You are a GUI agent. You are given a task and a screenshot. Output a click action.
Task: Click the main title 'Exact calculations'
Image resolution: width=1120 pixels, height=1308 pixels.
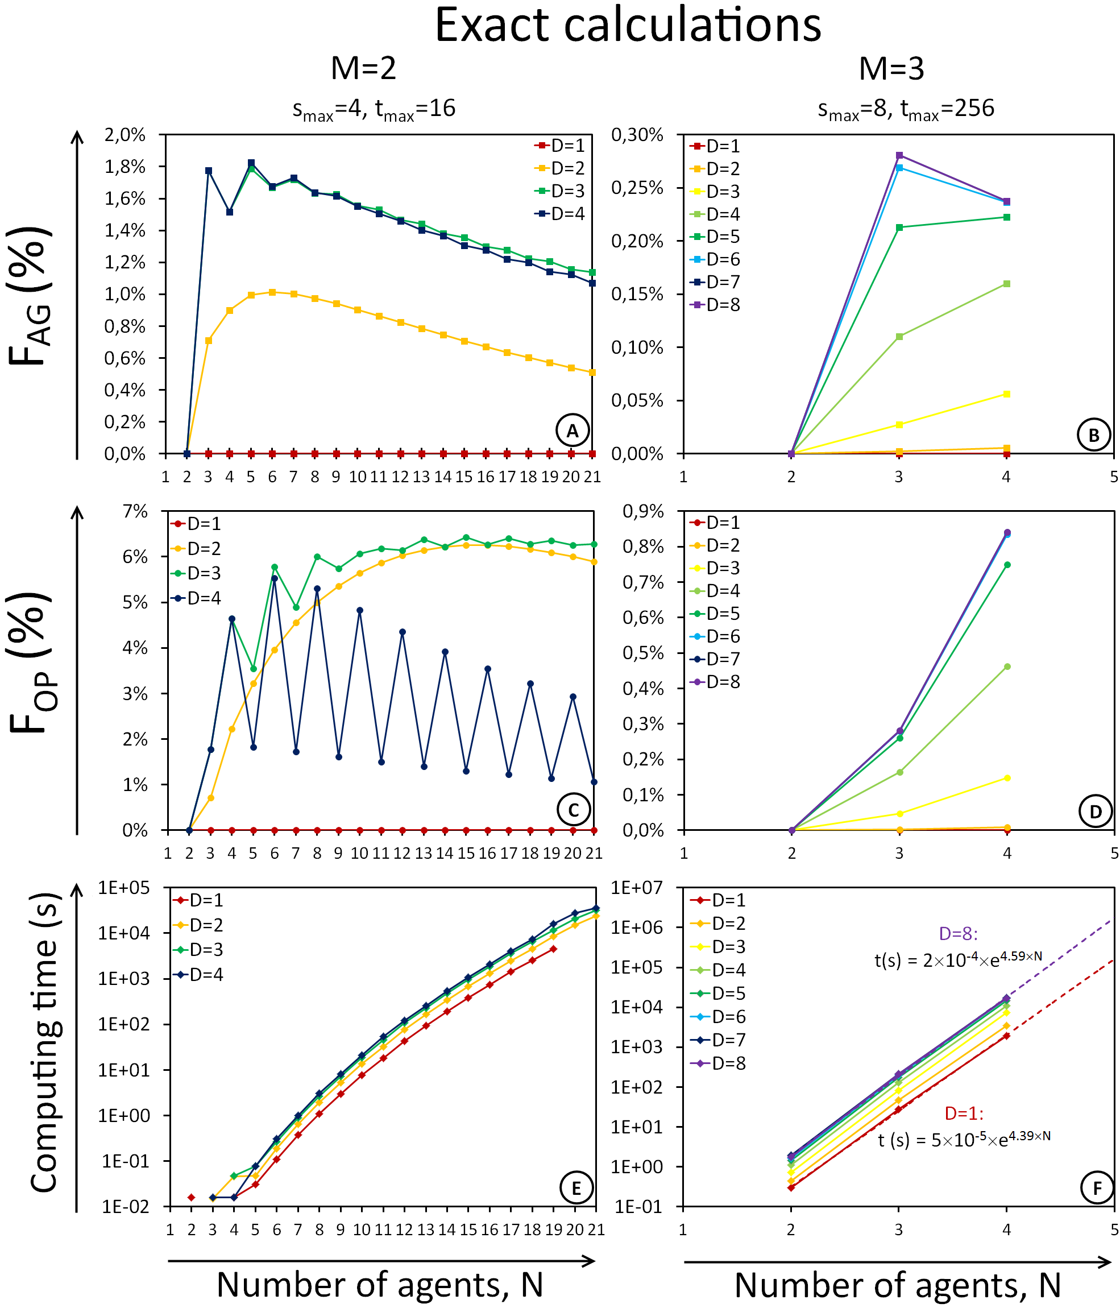click(x=628, y=25)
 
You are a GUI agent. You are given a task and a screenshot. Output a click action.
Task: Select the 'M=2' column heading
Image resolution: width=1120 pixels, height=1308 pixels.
click(x=363, y=68)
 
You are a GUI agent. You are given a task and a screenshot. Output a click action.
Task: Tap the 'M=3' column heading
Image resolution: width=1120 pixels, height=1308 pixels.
click(x=891, y=68)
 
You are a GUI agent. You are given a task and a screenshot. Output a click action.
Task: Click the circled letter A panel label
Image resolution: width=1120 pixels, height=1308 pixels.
click(x=573, y=431)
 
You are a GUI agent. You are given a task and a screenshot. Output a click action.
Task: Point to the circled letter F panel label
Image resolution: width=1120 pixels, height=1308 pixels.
click(x=1097, y=1189)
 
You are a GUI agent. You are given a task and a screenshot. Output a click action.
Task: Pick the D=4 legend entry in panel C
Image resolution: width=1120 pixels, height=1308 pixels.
click(x=196, y=598)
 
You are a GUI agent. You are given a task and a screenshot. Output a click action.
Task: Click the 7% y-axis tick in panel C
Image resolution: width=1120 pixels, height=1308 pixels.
click(x=135, y=511)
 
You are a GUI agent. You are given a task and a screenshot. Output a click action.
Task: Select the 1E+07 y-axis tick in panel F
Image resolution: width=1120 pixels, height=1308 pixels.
click(x=637, y=888)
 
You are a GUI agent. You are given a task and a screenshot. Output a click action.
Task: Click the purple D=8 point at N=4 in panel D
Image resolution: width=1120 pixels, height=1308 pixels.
click(x=1007, y=532)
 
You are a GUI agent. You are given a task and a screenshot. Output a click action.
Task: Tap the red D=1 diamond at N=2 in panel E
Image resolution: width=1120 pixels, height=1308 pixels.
click(x=191, y=1198)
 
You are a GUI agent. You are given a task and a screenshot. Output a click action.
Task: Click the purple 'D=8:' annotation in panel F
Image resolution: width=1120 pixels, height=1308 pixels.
click(x=958, y=934)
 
